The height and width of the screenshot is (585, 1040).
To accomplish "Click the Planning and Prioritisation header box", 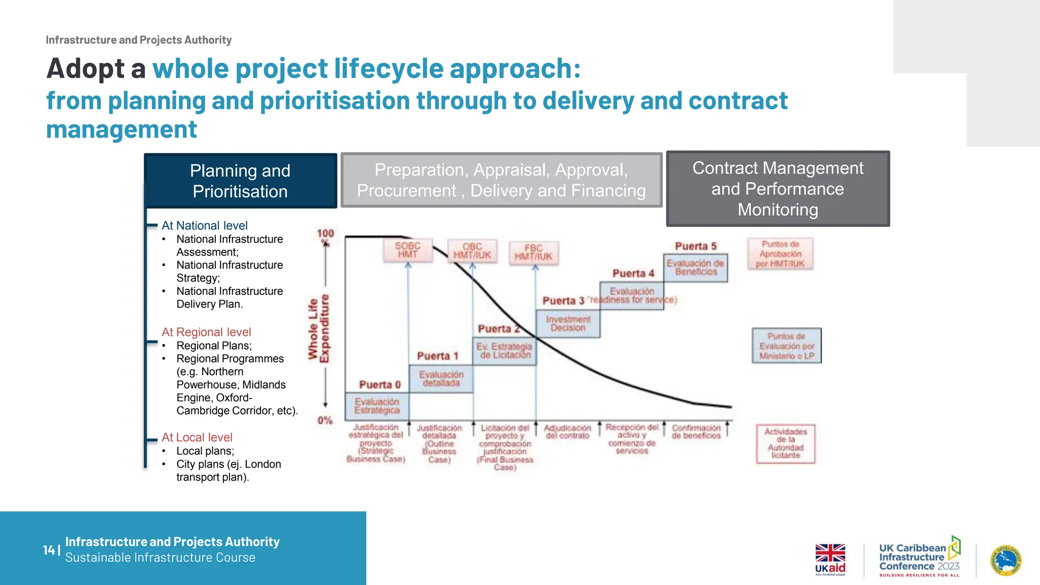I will [x=240, y=181].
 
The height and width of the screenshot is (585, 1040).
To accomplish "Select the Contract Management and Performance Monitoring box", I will [x=777, y=188].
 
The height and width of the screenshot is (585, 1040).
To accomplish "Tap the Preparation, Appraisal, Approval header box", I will [x=501, y=180].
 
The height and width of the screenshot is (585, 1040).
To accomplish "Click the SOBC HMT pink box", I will [x=408, y=250].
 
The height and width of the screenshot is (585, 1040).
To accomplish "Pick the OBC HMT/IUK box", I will [x=472, y=251].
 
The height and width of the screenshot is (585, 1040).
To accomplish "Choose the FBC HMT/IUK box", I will [x=534, y=252].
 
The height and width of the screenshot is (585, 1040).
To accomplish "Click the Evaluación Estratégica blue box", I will [x=377, y=406].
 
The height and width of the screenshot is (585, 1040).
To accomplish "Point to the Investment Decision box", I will [x=568, y=323].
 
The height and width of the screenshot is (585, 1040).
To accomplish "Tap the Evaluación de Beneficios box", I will [x=695, y=268].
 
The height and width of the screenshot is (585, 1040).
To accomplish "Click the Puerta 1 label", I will [x=437, y=356].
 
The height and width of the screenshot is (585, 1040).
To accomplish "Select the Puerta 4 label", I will [x=633, y=274].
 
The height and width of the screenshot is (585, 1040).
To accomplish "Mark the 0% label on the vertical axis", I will [x=325, y=420].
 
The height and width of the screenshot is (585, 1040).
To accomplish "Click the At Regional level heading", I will [x=206, y=332].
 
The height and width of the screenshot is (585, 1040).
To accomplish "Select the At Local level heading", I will [x=197, y=437].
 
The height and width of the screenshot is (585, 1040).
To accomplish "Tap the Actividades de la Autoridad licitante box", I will [x=785, y=444].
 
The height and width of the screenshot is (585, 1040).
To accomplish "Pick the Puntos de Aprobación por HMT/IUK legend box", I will [x=780, y=254].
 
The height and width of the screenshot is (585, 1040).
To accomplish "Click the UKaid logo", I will [x=830, y=560].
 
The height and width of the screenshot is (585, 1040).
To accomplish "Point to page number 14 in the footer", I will [x=49, y=550].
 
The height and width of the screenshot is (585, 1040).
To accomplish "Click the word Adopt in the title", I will [x=85, y=69].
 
